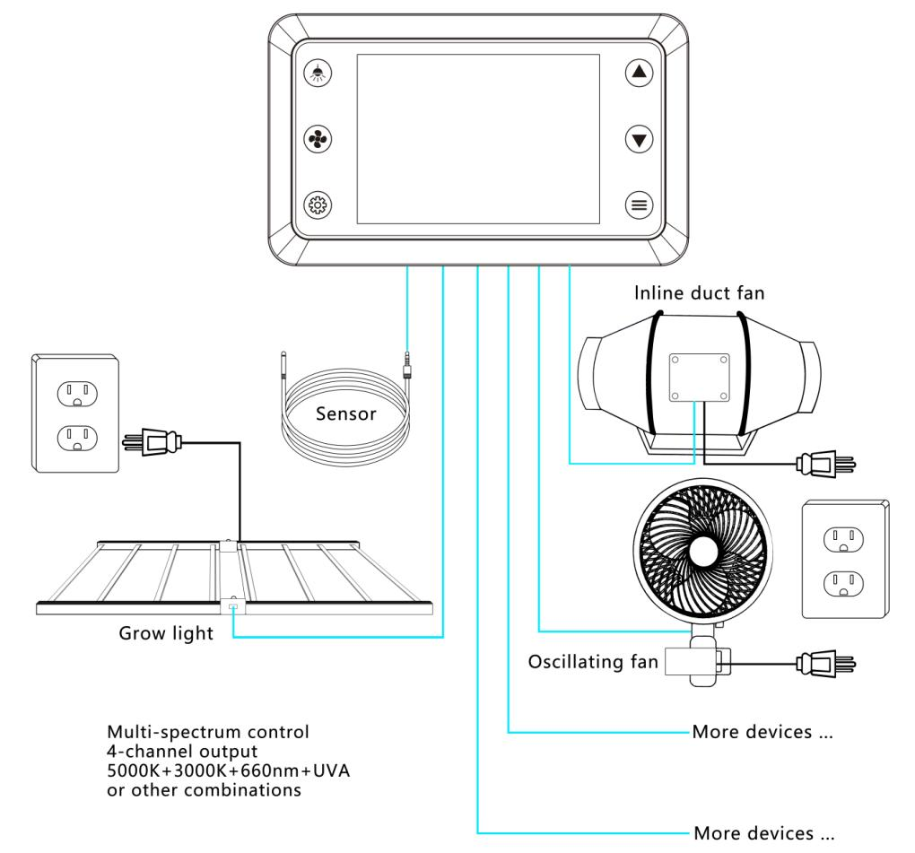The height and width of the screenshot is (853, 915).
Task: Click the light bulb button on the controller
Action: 319,74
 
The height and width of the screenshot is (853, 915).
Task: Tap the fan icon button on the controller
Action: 319,139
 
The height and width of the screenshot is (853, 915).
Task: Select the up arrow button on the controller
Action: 639,74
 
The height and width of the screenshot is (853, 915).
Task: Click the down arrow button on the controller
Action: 639,139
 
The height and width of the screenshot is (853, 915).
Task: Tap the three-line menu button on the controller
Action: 639,205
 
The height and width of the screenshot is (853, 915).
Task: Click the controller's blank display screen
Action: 479,139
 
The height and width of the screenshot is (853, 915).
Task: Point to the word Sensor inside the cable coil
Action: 345,415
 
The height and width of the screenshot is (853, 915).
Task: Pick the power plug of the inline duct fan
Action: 822,464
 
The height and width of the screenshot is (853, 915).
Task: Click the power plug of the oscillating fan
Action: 822,665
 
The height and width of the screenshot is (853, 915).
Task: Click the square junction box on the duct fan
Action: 698,376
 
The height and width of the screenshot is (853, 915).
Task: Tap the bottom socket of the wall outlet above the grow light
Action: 77,437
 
